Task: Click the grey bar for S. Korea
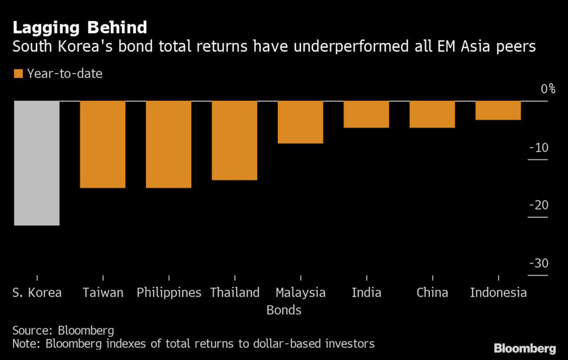coord(37,163)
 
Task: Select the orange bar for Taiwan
coord(103,144)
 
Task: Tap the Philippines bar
coord(169,144)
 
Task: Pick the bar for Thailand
coord(234,140)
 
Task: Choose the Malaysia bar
coord(300,122)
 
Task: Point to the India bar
coord(366,114)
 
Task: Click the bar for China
coord(432,114)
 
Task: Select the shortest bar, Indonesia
coord(498,110)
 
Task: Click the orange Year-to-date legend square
coord(18,73)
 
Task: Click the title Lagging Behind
coord(80,27)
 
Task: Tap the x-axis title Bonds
coord(284,310)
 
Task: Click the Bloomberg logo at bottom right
coord(524,348)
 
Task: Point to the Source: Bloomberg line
coord(63,331)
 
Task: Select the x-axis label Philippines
coord(169,292)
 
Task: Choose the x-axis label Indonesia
coord(498,292)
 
